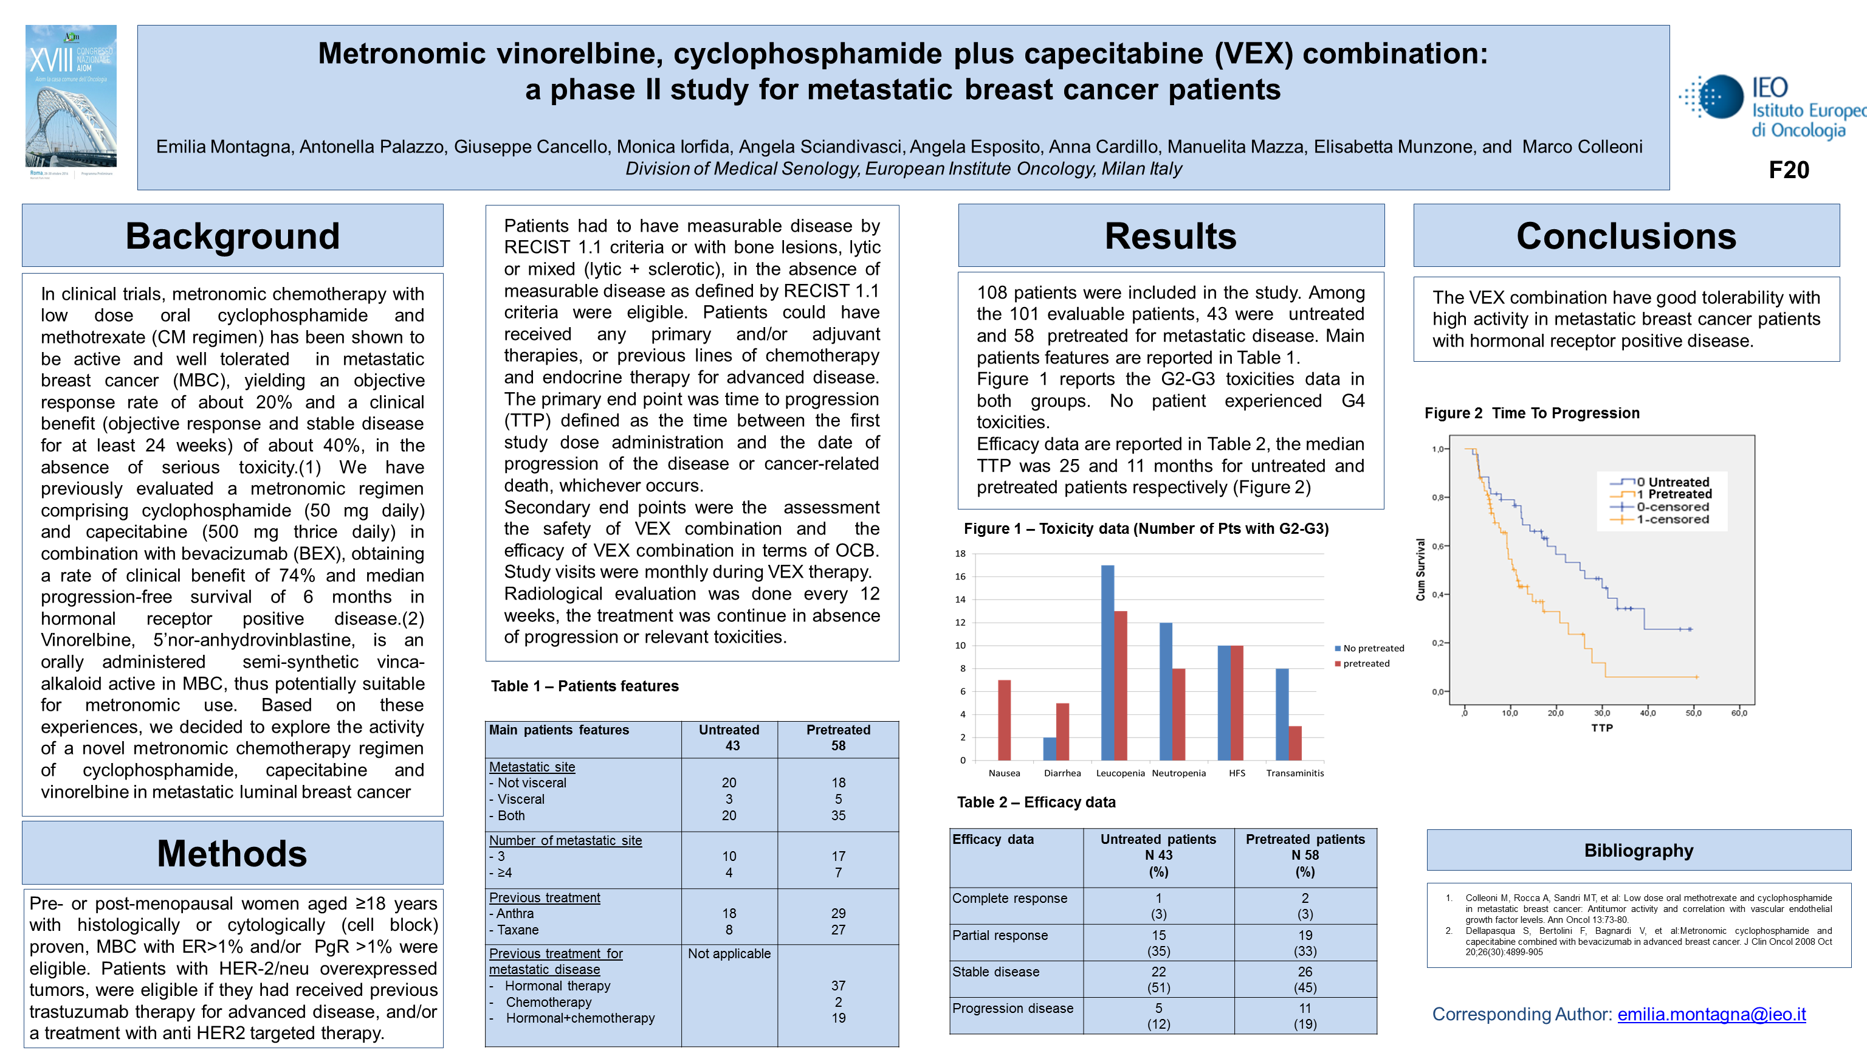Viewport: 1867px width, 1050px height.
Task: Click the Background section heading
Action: tap(233, 237)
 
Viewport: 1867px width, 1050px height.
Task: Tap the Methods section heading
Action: tap(232, 854)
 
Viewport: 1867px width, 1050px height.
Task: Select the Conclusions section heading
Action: tap(1626, 237)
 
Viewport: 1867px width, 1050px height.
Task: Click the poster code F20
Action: tap(1788, 170)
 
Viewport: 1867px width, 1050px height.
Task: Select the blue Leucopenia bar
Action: tap(1107, 662)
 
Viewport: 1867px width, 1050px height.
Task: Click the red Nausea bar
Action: tap(1004, 719)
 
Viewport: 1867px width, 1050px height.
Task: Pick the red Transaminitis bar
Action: tap(1295, 742)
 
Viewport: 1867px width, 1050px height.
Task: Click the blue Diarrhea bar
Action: tap(1050, 748)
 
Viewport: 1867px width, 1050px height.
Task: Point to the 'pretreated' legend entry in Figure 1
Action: tap(1366, 663)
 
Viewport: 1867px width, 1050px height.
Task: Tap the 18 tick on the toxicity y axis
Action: tap(960, 553)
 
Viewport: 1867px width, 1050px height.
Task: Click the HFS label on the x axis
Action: tap(1236, 773)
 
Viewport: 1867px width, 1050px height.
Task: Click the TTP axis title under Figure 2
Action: tap(1602, 728)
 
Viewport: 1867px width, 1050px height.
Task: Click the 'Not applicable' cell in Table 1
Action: tap(729, 953)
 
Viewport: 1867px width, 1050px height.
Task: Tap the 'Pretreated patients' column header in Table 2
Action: tap(1305, 840)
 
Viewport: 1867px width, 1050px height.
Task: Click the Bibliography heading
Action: tap(1638, 851)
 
